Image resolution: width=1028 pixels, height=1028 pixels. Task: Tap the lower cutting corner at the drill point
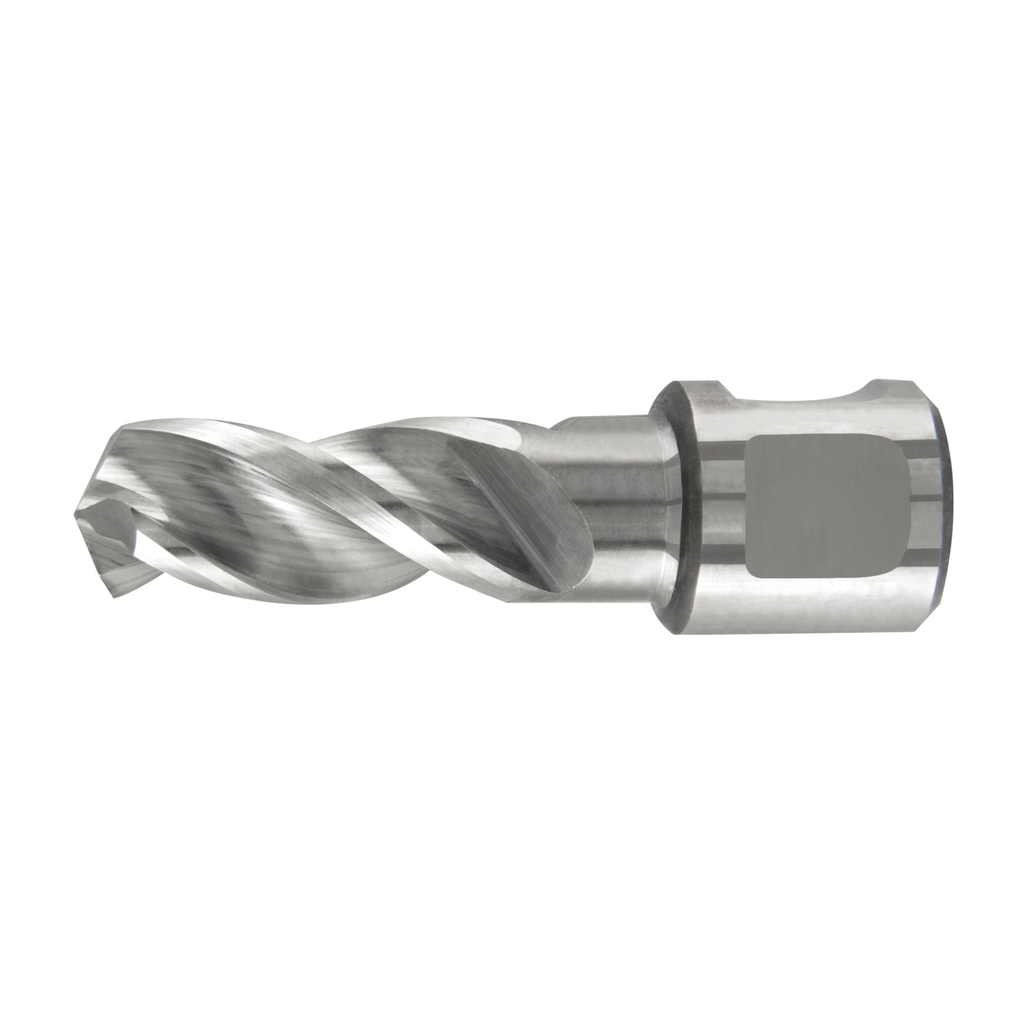[x=113, y=596]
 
